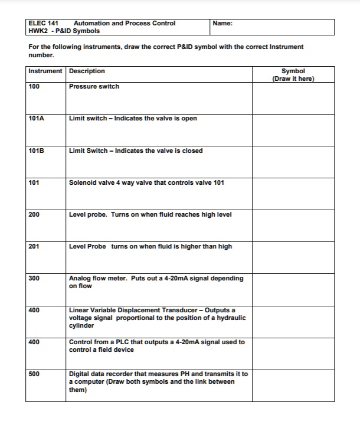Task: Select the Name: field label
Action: [222, 24]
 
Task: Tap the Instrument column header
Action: [45, 71]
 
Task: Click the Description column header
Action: [87, 71]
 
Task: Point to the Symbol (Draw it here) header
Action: [293, 75]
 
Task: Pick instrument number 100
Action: [34, 87]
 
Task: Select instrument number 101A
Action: [36, 119]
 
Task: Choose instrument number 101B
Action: [36, 151]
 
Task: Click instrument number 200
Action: [34, 215]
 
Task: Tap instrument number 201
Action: [34, 247]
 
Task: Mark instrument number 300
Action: [34, 279]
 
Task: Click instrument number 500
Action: [34, 374]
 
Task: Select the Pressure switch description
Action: [94, 87]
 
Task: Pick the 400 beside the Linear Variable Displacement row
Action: [34, 311]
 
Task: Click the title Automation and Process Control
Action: [125, 24]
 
